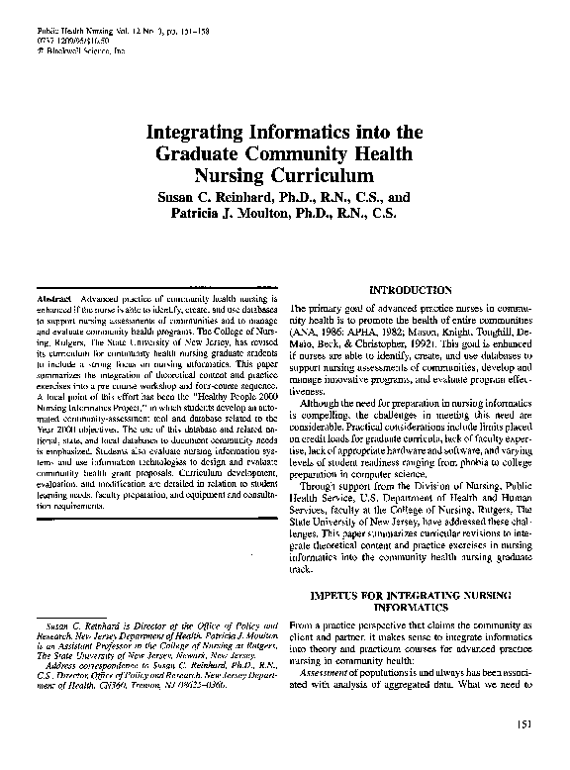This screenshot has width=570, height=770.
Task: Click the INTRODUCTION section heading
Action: [410, 290]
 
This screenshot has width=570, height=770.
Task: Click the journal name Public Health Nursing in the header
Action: [60, 32]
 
